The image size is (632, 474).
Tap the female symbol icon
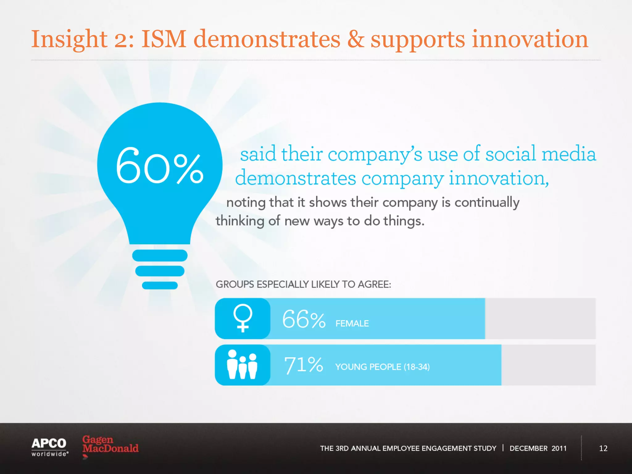tap(243, 318)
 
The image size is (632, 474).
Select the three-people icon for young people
tap(242, 364)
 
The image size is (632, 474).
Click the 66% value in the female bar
tap(304, 319)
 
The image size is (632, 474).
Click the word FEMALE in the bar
tap(352, 323)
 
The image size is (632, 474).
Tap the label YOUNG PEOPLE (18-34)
tap(382, 367)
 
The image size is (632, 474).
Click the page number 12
tap(603, 448)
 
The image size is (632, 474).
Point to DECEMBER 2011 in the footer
tap(538, 448)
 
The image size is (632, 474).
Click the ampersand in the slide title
tap(355, 39)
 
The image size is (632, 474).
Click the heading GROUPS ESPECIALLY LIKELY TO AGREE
tap(303, 284)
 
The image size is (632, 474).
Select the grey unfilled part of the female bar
tap(540, 318)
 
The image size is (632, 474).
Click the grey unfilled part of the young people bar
tap(548, 365)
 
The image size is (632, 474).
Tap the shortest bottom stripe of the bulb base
tap(160, 285)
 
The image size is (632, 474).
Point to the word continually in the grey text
tap(487, 203)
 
